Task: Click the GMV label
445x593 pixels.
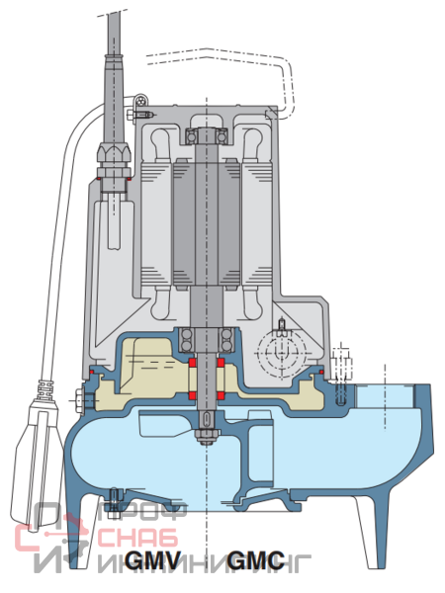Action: coord(152,560)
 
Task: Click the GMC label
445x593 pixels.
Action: coord(256,560)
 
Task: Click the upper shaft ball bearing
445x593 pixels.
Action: coord(207,136)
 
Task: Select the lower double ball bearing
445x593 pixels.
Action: coord(207,340)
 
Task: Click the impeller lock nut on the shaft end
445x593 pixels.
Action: coord(207,437)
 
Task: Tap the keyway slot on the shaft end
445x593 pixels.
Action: coord(207,419)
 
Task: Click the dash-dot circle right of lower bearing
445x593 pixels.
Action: coord(281,353)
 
